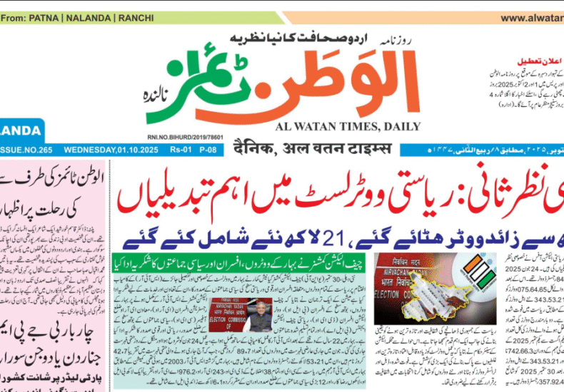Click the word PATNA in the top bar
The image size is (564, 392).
(x=42, y=17)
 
